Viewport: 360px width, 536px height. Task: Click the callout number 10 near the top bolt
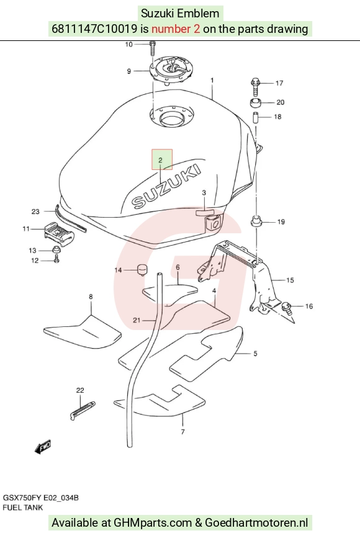click(x=128, y=45)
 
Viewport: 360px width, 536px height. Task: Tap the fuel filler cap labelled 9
click(x=170, y=71)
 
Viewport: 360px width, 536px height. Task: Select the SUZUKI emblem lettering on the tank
click(x=166, y=186)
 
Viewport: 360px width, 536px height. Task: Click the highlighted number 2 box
click(x=162, y=159)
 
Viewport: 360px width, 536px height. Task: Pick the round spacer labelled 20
click(x=256, y=102)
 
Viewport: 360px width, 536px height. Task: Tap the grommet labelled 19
click(x=256, y=221)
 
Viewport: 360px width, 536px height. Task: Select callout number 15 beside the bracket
click(x=290, y=280)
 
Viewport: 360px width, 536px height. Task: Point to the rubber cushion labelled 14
click(x=142, y=270)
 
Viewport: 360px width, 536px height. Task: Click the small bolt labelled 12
click(x=56, y=259)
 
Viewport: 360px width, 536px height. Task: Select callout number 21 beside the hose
click(x=137, y=320)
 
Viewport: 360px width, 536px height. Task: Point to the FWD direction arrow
click(x=43, y=447)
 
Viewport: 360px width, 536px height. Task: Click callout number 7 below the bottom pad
click(x=182, y=432)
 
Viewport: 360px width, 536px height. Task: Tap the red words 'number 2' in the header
click(x=176, y=29)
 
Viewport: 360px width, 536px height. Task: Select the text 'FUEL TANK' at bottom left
click(x=23, y=507)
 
